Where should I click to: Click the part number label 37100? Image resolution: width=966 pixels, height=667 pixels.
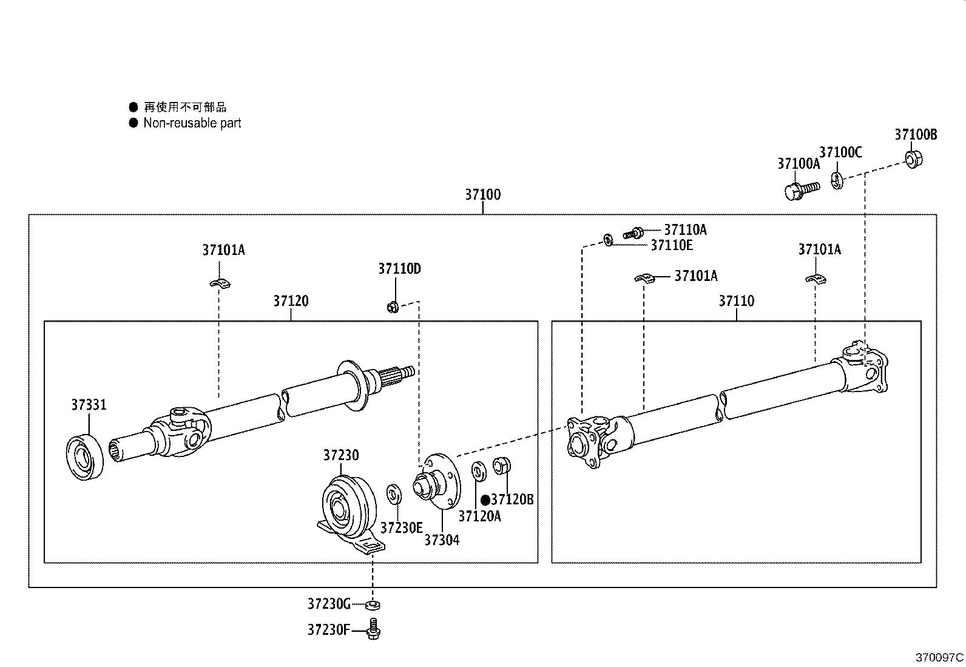click(x=482, y=195)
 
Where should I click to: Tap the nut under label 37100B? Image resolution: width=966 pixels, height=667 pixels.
click(x=913, y=160)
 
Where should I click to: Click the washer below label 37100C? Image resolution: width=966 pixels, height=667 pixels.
click(x=836, y=180)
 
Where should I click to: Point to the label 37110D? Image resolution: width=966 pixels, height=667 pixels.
click(x=399, y=268)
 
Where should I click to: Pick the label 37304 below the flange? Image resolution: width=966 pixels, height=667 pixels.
click(x=442, y=540)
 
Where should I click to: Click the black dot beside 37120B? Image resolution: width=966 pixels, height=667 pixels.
click(x=485, y=500)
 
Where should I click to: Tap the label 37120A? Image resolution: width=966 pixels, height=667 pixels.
click(x=479, y=516)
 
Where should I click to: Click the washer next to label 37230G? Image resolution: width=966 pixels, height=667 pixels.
click(x=374, y=604)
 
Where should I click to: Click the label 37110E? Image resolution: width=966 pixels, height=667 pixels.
click(x=671, y=245)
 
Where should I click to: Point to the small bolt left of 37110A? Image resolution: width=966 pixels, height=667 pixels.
click(x=633, y=232)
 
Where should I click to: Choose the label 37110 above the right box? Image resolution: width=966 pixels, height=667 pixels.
click(x=736, y=301)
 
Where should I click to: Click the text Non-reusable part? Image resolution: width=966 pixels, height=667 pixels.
click(x=192, y=123)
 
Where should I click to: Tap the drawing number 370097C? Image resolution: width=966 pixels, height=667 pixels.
click(x=939, y=657)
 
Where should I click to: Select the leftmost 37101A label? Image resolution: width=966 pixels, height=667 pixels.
click(x=223, y=249)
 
